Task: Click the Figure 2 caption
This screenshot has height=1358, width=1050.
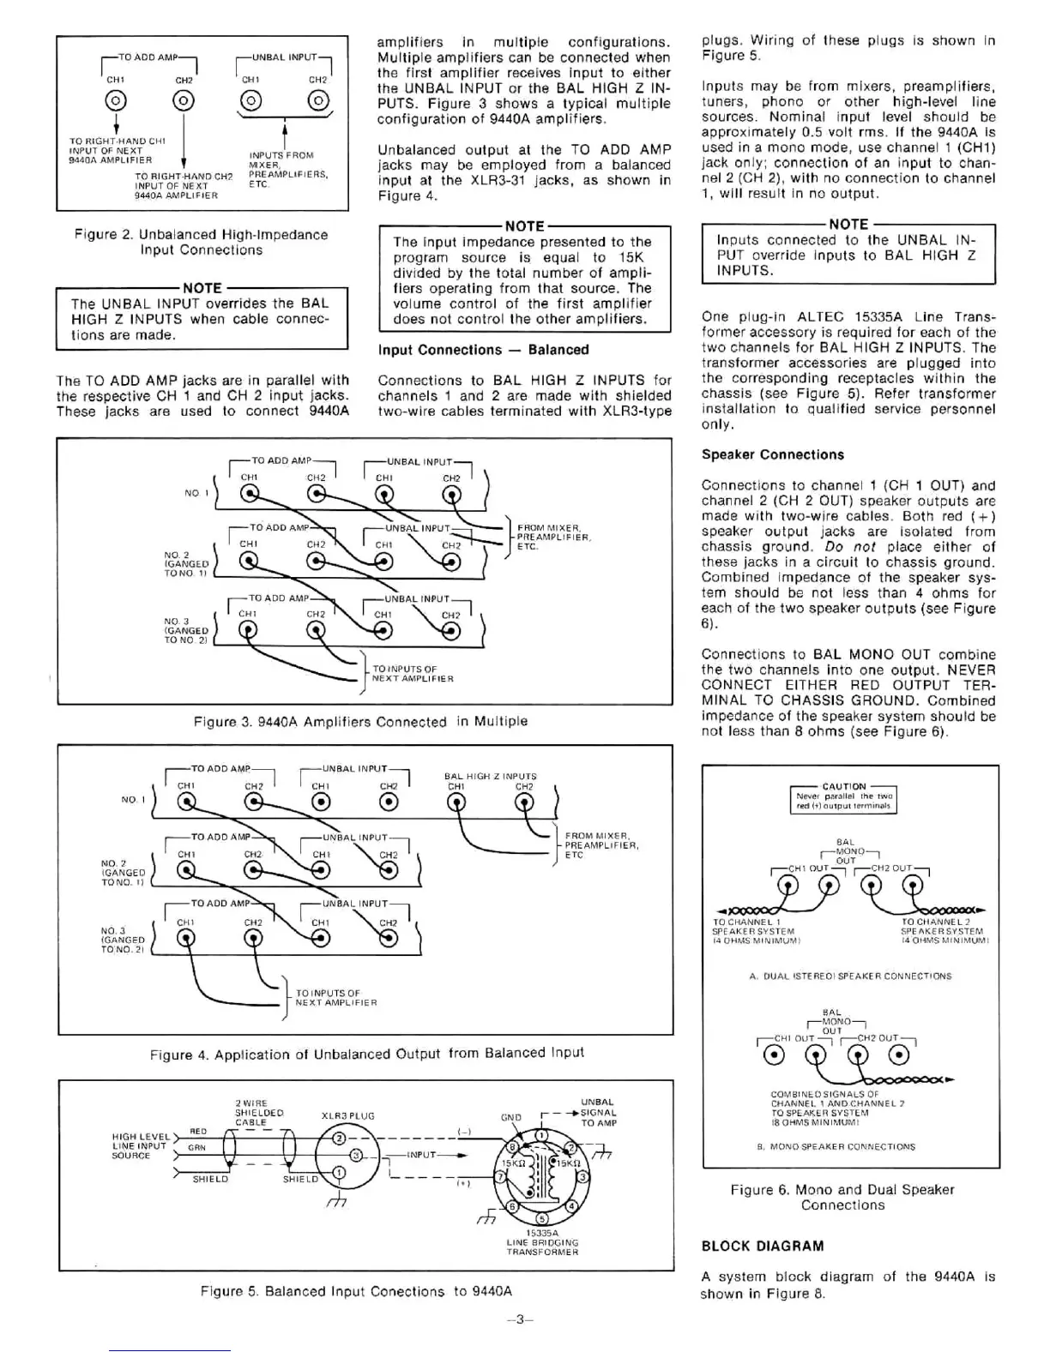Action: [x=202, y=243]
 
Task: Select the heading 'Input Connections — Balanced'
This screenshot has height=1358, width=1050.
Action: [x=483, y=350]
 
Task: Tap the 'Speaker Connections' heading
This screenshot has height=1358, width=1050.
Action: [x=772, y=454]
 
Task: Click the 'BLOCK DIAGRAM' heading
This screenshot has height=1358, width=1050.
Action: [x=763, y=1246]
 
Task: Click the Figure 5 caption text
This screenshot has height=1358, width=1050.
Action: [x=356, y=1291]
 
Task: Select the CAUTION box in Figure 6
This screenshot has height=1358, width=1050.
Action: [x=844, y=796]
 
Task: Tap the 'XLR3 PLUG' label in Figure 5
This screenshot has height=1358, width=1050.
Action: [x=347, y=1116]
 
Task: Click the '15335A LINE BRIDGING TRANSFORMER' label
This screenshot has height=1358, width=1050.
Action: [x=542, y=1242]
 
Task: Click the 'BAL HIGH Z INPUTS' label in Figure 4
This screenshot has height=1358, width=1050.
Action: [x=490, y=776]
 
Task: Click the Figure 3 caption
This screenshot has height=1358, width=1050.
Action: [x=360, y=722]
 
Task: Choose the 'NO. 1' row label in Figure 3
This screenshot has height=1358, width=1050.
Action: [x=196, y=493]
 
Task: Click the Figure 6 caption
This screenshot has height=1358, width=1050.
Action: [x=842, y=1197]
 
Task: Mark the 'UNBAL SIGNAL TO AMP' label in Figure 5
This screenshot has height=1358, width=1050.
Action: [x=598, y=1112]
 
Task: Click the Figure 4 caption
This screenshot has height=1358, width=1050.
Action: [x=366, y=1054]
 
